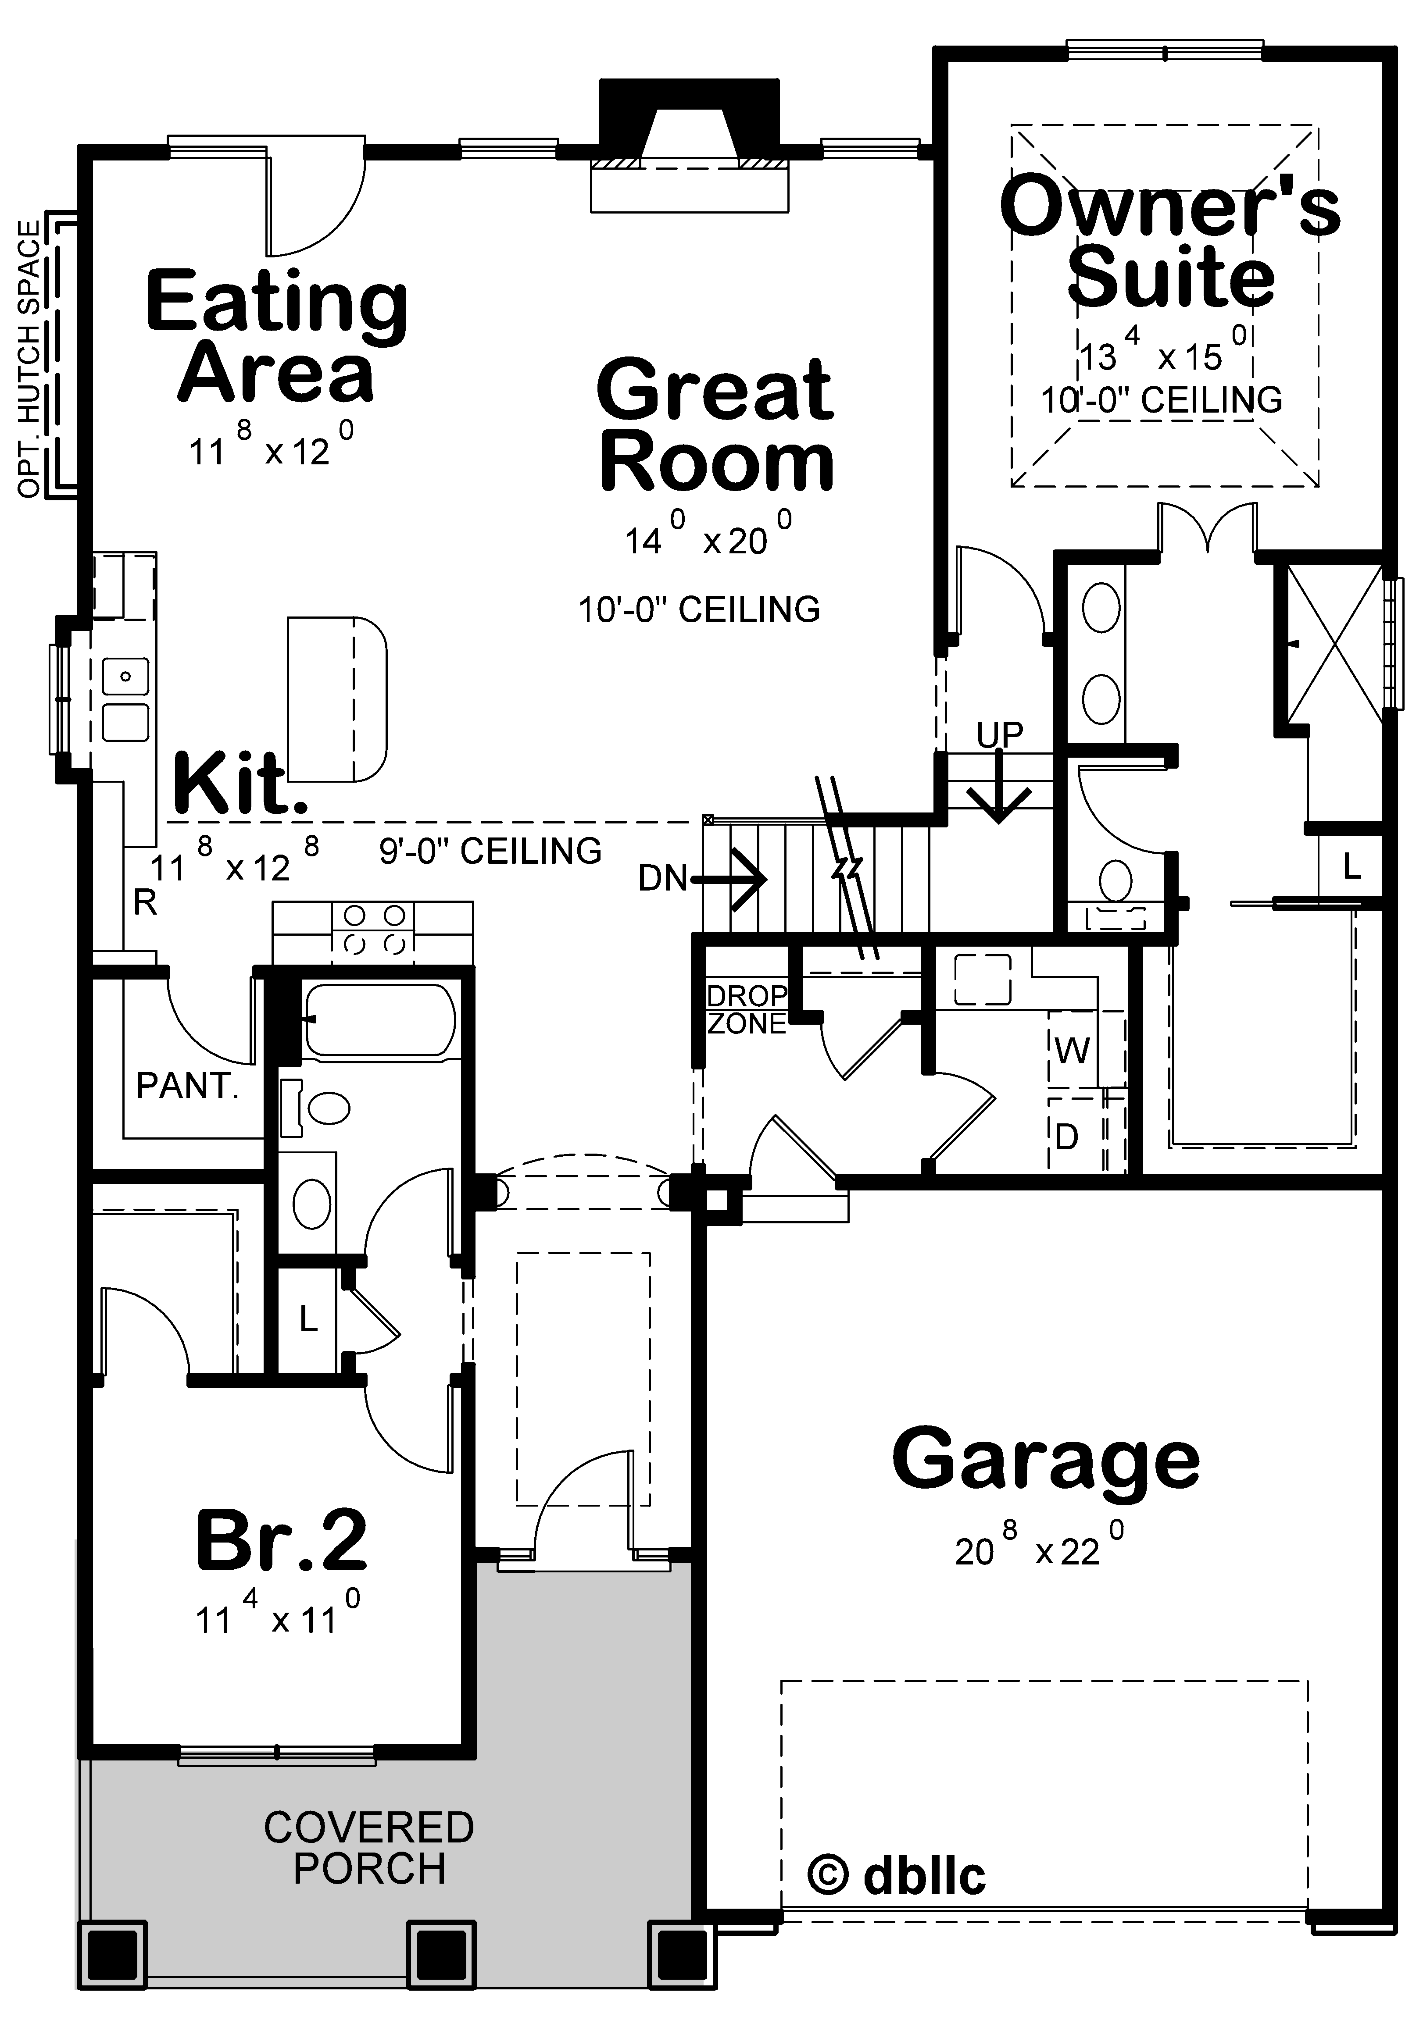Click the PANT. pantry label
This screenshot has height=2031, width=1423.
pos(188,1085)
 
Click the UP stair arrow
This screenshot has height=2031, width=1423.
pos(999,778)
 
